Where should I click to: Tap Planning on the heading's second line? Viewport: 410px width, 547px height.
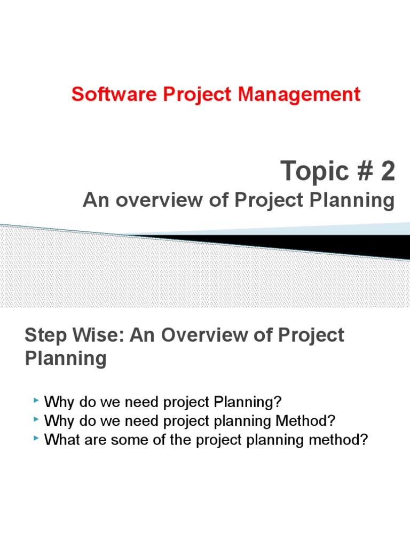click(x=66, y=358)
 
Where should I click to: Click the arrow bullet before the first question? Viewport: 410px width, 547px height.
click(x=36, y=400)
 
